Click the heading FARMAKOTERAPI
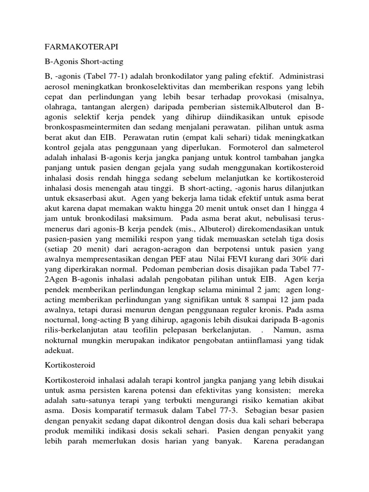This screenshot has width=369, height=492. coord(81,47)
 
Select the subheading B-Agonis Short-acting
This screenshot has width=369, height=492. coord(84,61)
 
